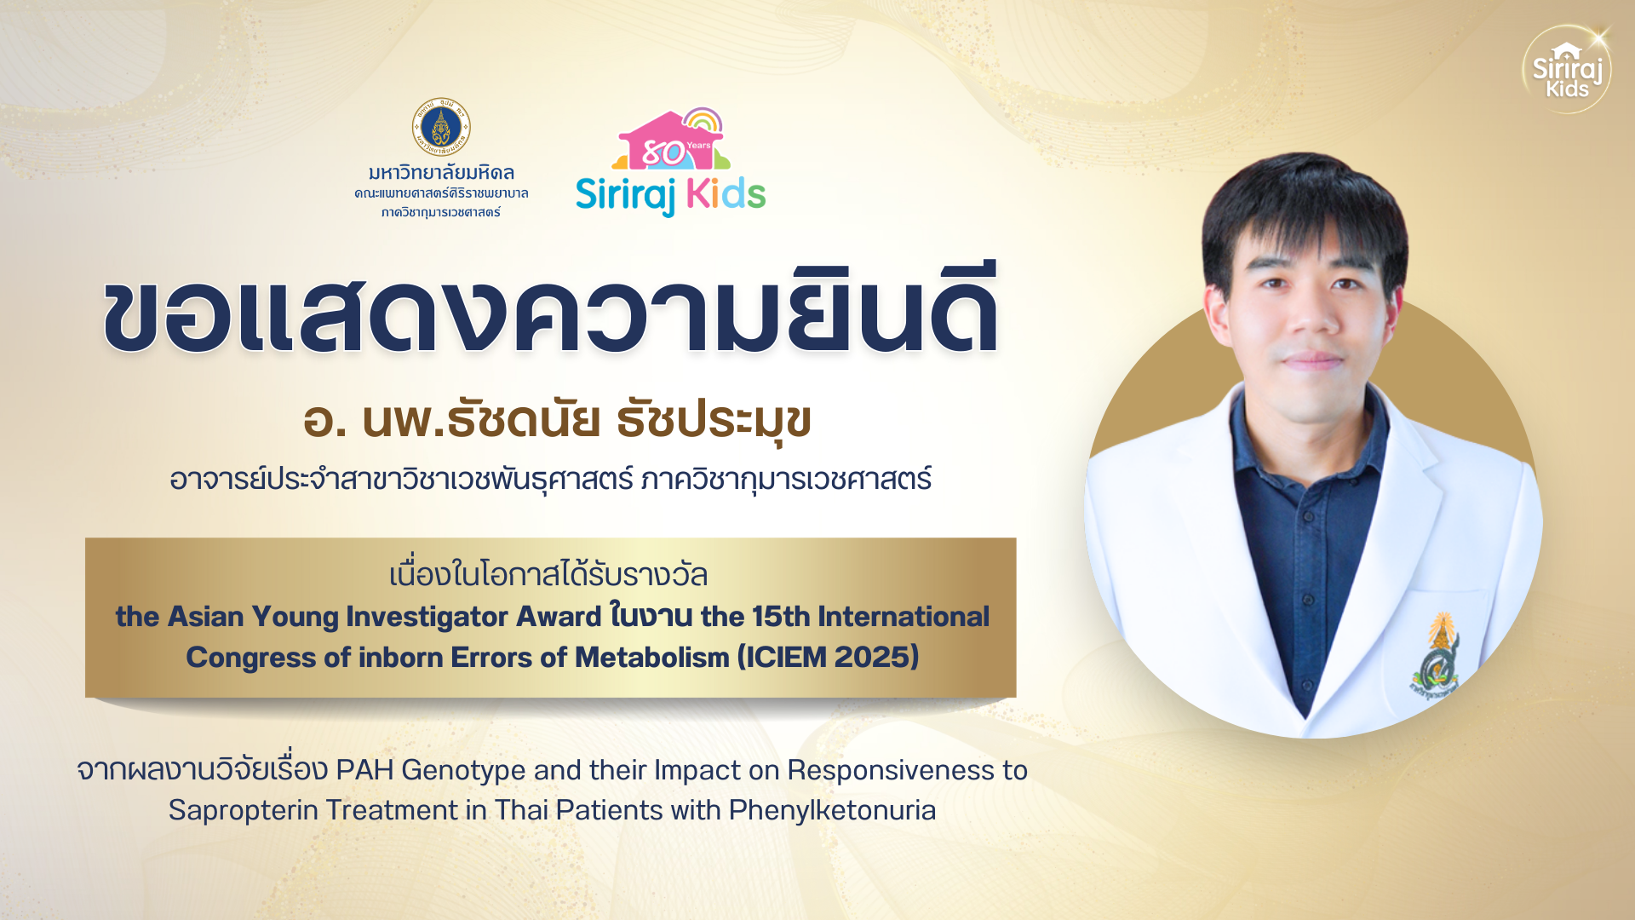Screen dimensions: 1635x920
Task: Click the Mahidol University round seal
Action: point(441,127)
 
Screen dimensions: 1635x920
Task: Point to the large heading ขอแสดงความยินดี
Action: point(551,310)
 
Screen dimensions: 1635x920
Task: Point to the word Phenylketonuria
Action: point(832,810)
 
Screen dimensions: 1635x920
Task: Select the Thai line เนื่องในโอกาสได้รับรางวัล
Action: point(548,575)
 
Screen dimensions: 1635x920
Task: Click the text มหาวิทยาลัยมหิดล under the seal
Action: point(441,173)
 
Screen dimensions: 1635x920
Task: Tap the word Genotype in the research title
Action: point(463,770)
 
